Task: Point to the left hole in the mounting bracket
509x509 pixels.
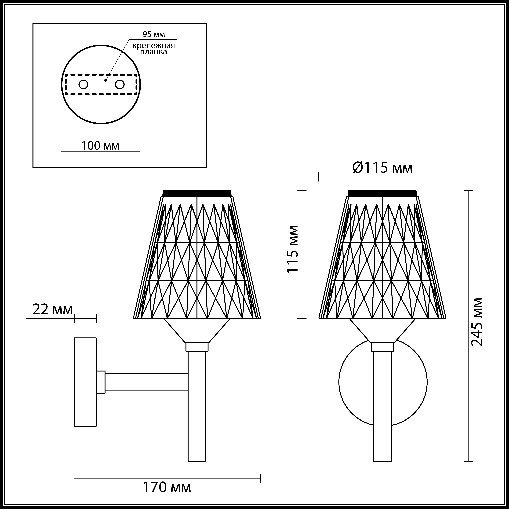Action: [83, 85]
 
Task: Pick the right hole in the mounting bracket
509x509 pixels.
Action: [120, 85]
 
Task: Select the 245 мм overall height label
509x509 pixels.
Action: [477, 325]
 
